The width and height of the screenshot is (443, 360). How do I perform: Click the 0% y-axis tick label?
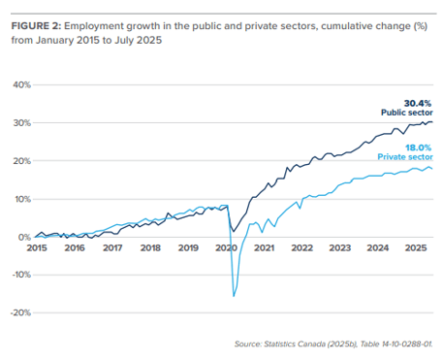(x=20, y=237)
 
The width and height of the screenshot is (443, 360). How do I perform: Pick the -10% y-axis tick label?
(x=16, y=275)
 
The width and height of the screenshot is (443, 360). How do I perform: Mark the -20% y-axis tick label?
(x=16, y=313)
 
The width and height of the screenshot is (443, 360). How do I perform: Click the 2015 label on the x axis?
(x=37, y=248)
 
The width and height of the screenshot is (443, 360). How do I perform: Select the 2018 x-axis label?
(x=150, y=248)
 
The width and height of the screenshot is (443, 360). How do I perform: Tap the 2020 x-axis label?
(x=226, y=248)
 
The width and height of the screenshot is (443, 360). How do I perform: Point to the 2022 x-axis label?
(x=301, y=248)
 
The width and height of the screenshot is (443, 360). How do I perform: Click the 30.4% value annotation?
(x=418, y=102)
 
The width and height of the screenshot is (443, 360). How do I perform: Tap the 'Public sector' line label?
(x=406, y=113)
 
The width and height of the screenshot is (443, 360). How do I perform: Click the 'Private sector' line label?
(x=404, y=156)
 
